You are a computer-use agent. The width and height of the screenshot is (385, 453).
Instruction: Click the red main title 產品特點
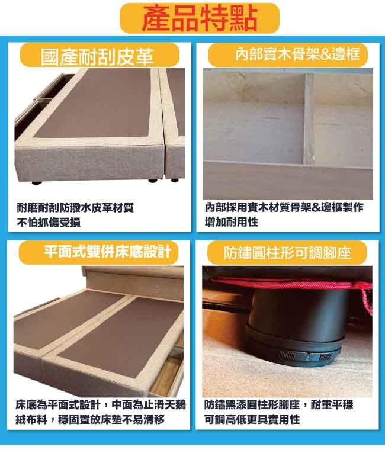click(x=200, y=18)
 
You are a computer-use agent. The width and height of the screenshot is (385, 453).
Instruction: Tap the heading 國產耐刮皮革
click(x=97, y=56)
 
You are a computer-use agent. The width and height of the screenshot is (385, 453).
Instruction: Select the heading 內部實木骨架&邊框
click(x=298, y=54)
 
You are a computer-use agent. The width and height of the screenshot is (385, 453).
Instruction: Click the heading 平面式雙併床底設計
click(x=108, y=251)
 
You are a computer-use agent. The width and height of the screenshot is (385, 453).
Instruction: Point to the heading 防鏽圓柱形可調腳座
click(x=287, y=253)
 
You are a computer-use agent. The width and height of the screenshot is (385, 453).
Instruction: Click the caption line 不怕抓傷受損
click(x=49, y=222)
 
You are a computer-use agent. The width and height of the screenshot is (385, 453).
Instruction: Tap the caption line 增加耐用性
click(x=231, y=222)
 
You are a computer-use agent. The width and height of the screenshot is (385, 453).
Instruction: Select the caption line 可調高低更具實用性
click(x=252, y=419)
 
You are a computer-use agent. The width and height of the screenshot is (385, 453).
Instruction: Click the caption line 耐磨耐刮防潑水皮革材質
click(x=75, y=207)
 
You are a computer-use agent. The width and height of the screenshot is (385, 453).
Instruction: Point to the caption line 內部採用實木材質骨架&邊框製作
click(x=284, y=207)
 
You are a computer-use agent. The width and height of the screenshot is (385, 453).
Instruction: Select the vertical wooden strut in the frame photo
click(x=309, y=118)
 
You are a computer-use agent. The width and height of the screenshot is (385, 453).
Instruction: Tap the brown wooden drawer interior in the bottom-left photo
click(x=166, y=375)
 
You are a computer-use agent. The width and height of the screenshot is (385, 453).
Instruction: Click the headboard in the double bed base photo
click(x=133, y=282)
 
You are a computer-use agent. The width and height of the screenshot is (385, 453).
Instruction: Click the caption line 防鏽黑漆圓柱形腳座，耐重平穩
click(x=278, y=404)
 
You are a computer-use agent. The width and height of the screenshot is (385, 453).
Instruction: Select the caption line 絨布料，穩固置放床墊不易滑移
click(x=90, y=419)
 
